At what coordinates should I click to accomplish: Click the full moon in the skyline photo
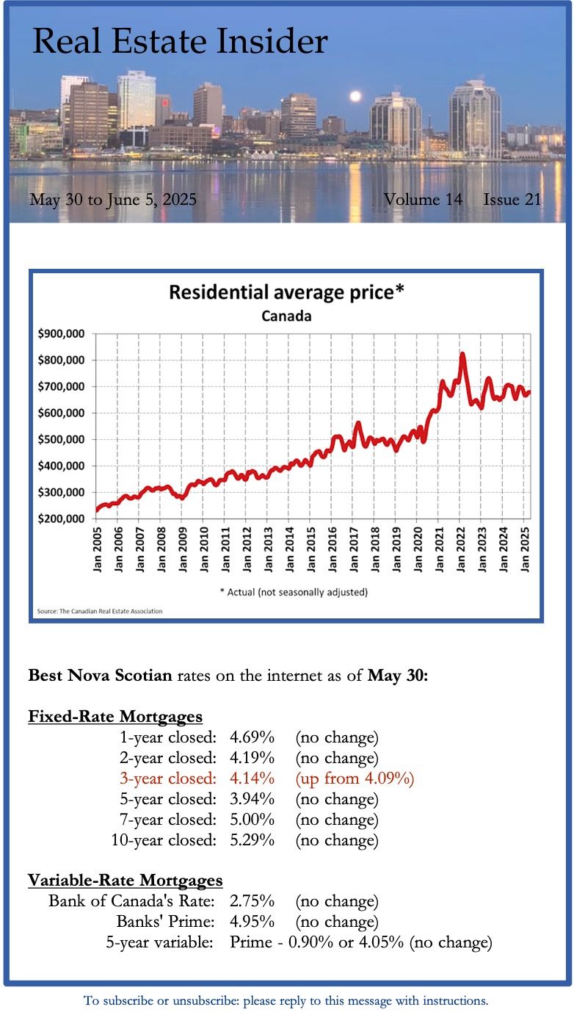pyautogui.click(x=355, y=96)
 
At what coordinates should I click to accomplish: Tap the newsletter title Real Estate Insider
pyautogui.click(x=180, y=41)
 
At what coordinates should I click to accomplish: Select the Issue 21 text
pyautogui.click(x=512, y=199)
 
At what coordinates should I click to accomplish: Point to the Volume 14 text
pyautogui.click(x=423, y=199)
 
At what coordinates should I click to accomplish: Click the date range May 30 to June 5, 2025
pyautogui.click(x=113, y=199)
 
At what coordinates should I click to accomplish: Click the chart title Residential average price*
pyautogui.click(x=287, y=292)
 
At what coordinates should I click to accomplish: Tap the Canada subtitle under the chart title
pyautogui.click(x=287, y=317)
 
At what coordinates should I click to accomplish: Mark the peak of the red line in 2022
pyautogui.click(x=462, y=355)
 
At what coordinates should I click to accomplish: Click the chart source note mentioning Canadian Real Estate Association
pyautogui.click(x=100, y=610)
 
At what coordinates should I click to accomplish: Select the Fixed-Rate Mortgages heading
pyautogui.click(x=115, y=716)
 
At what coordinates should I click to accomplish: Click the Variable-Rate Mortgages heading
pyautogui.click(x=126, y=880)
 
